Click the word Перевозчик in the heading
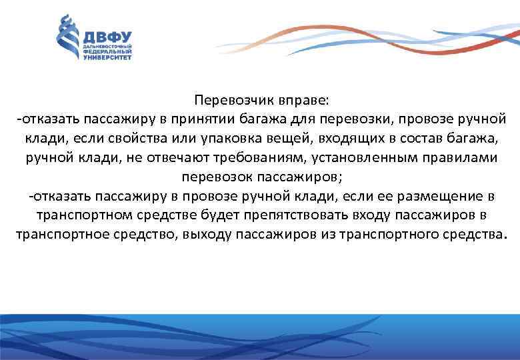click(227, 100)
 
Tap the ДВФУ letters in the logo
click(107, 37)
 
